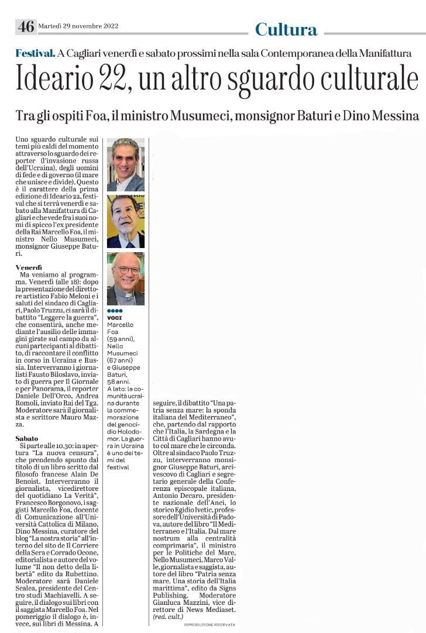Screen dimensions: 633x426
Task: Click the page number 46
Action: point(26,26)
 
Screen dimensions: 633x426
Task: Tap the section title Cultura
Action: point(286,29)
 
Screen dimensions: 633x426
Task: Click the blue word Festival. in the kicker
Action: point(36,53)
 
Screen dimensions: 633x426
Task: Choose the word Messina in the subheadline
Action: point(394,115)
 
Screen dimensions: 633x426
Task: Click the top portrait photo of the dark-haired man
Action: point(125,164)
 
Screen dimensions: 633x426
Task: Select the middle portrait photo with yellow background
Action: point(125,222)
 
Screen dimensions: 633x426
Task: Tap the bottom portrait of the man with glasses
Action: point(125,278)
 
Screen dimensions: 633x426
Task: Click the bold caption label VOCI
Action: point(115,318)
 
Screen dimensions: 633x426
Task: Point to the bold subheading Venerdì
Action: point(29,267)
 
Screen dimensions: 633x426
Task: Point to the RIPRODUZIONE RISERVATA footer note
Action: point(209,625)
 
